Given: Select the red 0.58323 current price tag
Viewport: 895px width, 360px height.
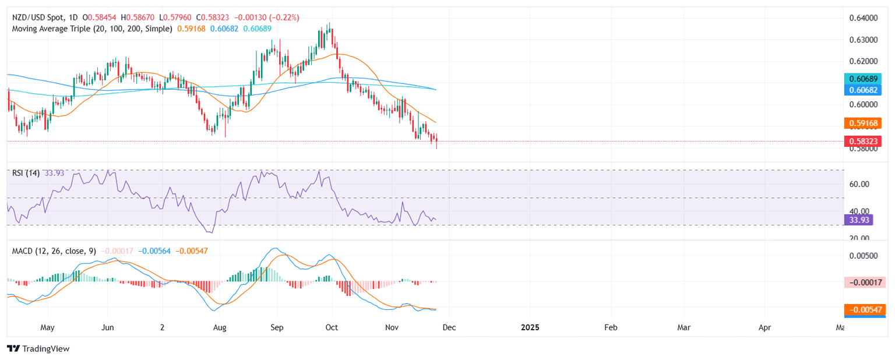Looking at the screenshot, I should tap(865, 141).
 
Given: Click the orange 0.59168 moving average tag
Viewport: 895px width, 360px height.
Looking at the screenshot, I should tap(865, 123).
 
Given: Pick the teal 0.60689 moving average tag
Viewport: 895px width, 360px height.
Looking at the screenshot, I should tap(865, 79).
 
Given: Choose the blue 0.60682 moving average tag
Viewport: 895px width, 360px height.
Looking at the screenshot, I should tap(865, 90).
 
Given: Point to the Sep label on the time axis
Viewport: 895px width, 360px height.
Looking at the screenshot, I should tap(277, 327).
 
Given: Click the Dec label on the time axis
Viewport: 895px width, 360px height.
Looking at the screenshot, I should tap(449, 327).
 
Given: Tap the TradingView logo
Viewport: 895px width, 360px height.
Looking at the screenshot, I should tap(38, 348).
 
